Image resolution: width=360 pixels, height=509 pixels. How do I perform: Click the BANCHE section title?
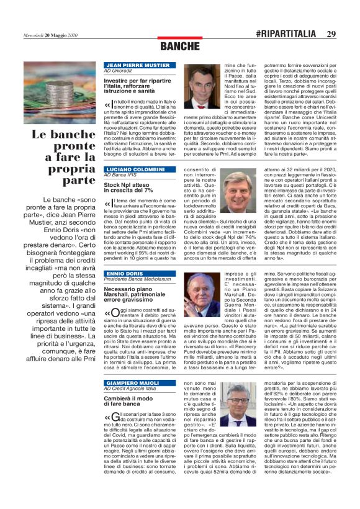pyautogui.click(x=179, y=47)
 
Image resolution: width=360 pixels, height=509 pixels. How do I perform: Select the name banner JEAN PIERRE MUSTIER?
pyautogui.click(x=140, y=65)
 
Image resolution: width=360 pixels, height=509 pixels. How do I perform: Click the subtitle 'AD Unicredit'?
pyautogui.click(x=120, y=71)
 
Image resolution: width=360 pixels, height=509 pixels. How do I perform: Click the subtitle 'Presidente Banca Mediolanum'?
pyautogui.click(x=138, y=280)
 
